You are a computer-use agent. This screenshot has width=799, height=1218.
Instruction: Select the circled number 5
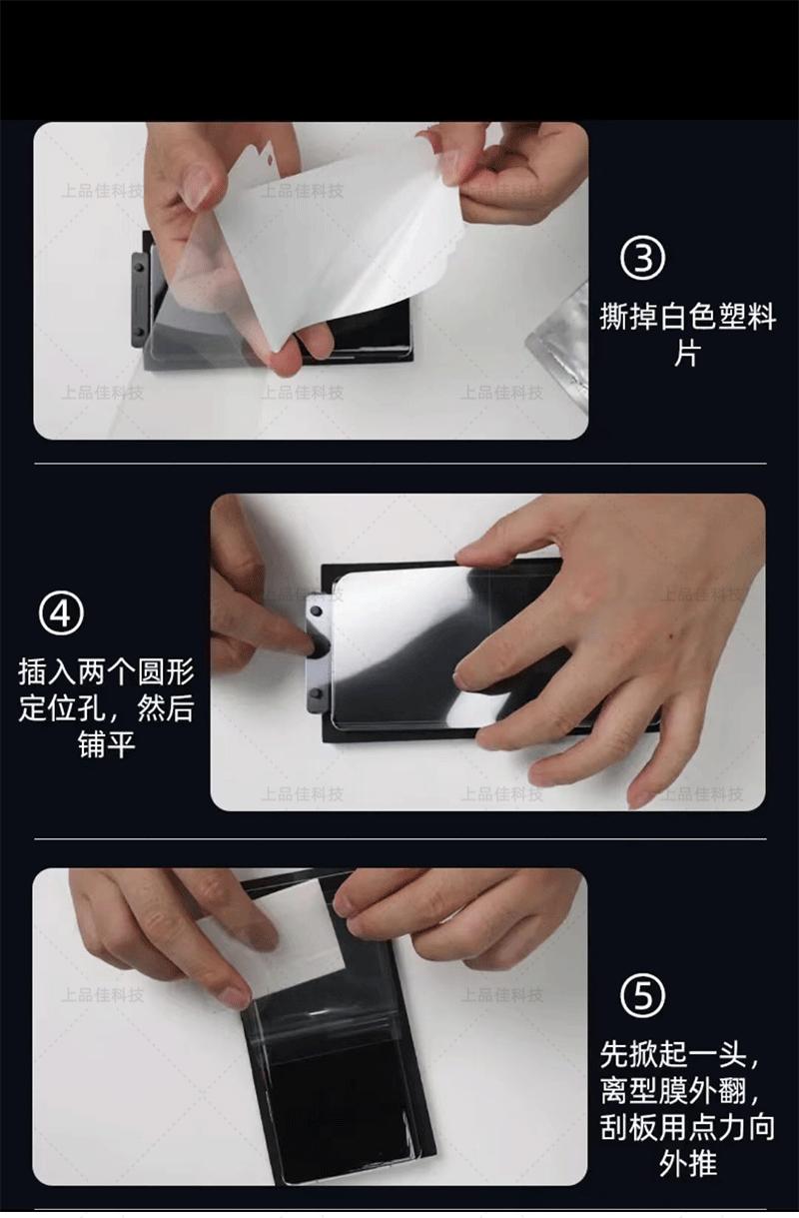[x=642, y=995]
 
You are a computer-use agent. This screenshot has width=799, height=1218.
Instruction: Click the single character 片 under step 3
[x=687, y=354]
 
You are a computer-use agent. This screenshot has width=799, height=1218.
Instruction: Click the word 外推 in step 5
[x=687, y=1164]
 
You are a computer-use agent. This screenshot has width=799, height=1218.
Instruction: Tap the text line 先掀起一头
[x=680, y=1055]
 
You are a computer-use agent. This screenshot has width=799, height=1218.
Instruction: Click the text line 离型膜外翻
[x=680, y=1091]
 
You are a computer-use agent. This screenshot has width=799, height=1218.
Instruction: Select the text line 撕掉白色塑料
[x=687, y=317]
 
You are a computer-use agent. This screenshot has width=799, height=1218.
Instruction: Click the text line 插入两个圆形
[x=107, y=672]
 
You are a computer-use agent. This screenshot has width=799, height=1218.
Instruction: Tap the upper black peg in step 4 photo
[x=316, y=612]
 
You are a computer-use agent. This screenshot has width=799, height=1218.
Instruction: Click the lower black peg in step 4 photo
[x=317, y=692]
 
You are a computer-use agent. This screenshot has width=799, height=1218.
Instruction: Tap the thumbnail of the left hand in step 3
[x=198, y=187]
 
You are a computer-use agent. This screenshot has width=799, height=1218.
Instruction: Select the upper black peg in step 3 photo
[x=140, y=268]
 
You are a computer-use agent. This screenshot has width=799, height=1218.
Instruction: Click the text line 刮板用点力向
[x=687, y=1128]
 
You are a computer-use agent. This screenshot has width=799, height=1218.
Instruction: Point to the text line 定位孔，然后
[x=107, y=708]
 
